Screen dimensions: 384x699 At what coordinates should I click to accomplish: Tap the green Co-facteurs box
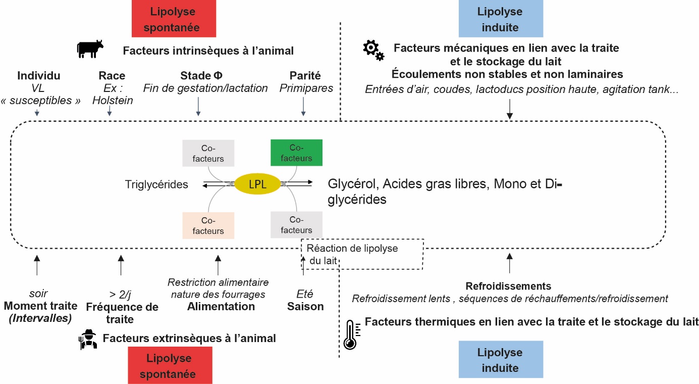click(296, 153)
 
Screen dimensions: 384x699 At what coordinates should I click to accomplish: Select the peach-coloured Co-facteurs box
click(208, 225)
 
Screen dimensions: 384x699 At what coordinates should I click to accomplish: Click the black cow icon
click(90, 49)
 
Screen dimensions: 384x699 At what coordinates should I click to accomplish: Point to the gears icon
click(373, 50)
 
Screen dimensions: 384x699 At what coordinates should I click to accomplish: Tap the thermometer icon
click(350, 334)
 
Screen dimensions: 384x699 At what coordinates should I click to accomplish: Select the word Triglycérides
click(156, 184)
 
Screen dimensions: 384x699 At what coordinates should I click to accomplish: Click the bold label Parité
click(305, 76)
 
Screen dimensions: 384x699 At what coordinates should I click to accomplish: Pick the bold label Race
click(112, 76)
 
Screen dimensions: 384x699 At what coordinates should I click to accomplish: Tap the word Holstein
click(113, 100)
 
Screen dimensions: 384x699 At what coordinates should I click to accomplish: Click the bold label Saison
click(305, 306)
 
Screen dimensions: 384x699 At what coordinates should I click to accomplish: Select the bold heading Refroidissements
click(508, 286)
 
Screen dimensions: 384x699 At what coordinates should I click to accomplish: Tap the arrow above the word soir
click(36, 265)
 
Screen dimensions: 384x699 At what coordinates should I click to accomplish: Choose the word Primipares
click(306, 88)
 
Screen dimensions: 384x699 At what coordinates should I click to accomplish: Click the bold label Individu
click(39, 76)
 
